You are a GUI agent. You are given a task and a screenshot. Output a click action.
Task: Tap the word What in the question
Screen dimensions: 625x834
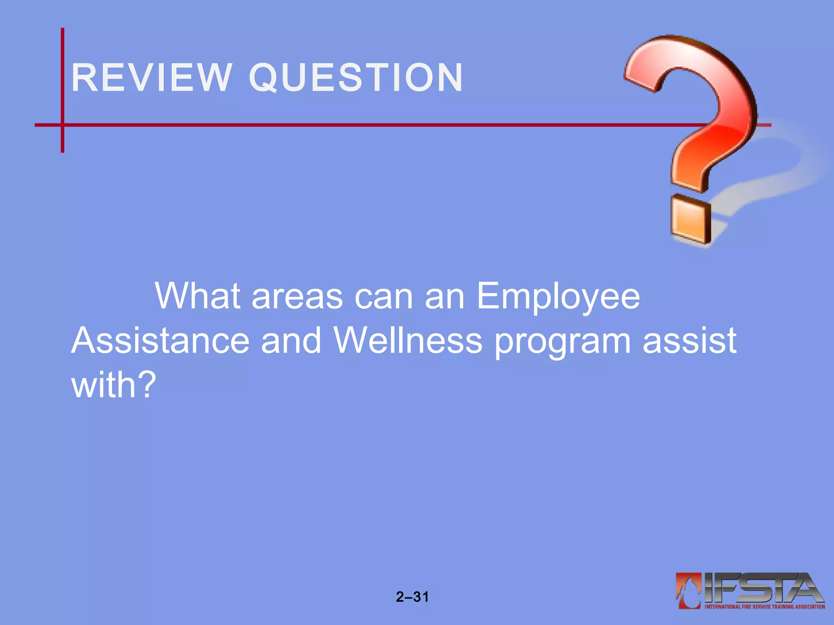click(198, 296)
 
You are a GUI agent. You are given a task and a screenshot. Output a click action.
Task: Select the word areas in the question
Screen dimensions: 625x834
click(297, 296)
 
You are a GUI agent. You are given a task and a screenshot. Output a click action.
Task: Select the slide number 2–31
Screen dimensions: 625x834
click(412, 597)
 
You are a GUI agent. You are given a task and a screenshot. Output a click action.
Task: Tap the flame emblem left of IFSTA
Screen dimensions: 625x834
click(689, 590)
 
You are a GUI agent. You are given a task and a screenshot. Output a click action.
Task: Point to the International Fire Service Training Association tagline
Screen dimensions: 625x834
click(765, 607)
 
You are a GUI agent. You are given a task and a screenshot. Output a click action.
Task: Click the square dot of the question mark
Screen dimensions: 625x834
click(691, 220)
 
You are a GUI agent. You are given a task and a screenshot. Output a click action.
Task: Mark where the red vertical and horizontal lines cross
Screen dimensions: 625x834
click(62, 125)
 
